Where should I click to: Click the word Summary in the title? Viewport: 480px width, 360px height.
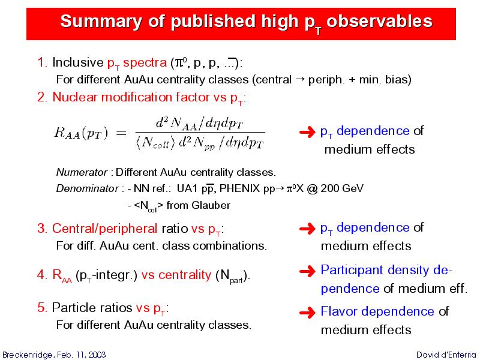pos(101,22)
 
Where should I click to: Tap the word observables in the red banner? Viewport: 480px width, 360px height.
pos(379,21)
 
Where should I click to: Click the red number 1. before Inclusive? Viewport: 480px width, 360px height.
pos(42,62)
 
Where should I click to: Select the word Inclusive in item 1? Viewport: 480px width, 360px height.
pos(78,62)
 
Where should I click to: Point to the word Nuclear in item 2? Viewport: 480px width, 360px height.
pos(74,97)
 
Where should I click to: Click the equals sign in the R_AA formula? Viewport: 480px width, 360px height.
pos(121,133)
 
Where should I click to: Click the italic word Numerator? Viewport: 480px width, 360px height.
pos(82,172)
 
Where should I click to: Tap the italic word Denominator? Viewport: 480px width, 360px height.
pos(87,188)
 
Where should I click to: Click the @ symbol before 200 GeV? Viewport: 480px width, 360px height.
pos(311,188)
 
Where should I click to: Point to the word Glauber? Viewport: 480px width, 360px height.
pos(211,205)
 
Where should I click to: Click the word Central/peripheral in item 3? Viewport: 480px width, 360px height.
pos(104,229)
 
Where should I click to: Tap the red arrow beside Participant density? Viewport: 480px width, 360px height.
pos(307,271)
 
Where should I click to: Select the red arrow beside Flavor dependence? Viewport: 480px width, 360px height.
pos(307,312)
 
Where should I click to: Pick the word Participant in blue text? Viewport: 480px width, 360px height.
pos(352,271)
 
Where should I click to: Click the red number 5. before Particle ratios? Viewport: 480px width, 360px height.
pos(42,308)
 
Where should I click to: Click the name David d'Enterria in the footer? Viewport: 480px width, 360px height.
pos(446,355)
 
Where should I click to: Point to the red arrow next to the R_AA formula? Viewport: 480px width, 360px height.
pos(307,132)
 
